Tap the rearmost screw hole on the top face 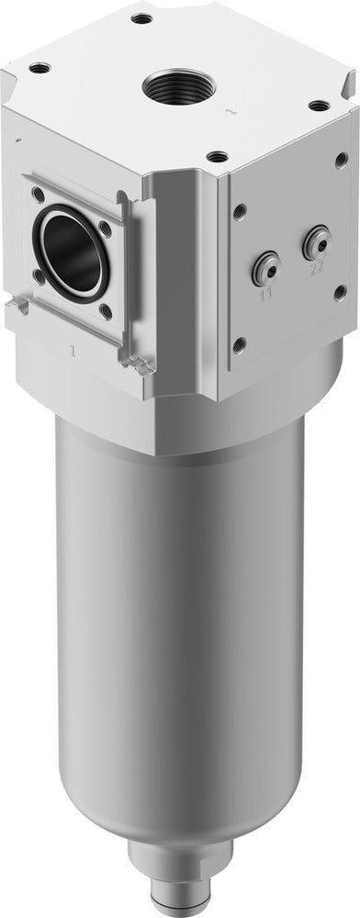tap(141, 18)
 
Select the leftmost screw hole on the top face tap(39, 68)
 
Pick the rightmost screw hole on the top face tap(318, 106)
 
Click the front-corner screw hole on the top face tap(217, 157)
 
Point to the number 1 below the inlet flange tap(72, 350)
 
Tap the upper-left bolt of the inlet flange tap(37, 194)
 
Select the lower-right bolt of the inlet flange tap(107, 311)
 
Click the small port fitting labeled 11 tap(265, 268)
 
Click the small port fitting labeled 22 tap(315, 241)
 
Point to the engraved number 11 tap(266, 294)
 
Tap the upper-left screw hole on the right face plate tap(240, 210)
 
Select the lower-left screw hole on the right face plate tap(240, 344)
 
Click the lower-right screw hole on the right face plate tap(340, 291)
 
